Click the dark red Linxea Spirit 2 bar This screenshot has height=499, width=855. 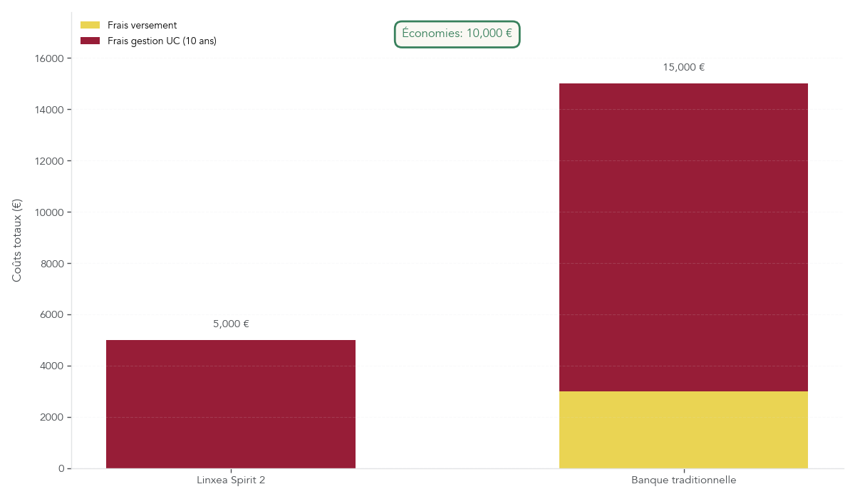[231, 404]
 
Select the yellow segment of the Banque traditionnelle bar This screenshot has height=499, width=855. [683, 430]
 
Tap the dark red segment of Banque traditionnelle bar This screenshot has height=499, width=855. [683, 237]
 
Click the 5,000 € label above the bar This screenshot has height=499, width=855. [231, 324]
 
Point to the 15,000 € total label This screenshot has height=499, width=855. [683, 68]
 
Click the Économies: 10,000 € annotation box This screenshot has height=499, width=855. [457, 34]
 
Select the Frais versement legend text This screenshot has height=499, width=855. [142, 26]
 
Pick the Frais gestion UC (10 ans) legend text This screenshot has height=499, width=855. [162, 41]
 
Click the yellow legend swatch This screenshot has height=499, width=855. [90, 26]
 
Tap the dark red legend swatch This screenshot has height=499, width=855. [90, 41]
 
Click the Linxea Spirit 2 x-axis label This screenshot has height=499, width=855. [231, 480]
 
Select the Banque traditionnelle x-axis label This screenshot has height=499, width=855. [683, 480]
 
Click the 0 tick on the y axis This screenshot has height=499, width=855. [61, 469]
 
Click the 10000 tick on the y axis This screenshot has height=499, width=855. [49, 212]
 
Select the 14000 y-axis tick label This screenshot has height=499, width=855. [49, 110]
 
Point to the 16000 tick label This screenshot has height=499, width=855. [49, 58]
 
